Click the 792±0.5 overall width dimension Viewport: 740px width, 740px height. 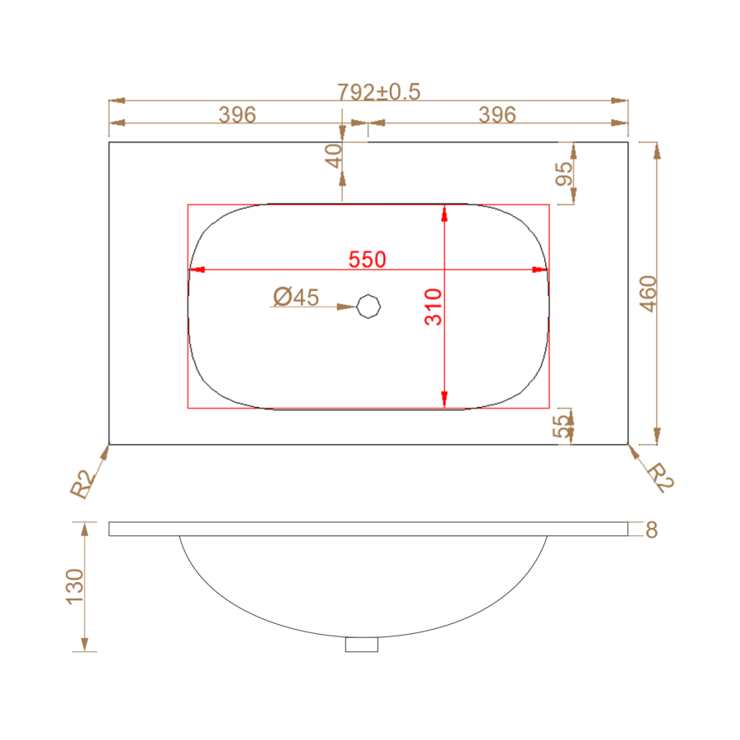(378, 92)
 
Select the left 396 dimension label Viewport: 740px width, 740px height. (238, 114)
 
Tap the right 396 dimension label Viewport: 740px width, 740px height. (497, 114)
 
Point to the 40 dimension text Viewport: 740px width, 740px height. (334, 156)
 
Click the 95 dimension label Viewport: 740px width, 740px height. (564, 173)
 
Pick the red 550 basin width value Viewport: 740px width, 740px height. (368, 260)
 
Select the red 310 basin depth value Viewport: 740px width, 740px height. (433, 308)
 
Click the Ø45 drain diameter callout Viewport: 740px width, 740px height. (296, 297)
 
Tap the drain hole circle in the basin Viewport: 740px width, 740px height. (368, 307)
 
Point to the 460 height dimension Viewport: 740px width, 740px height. (648, 294)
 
